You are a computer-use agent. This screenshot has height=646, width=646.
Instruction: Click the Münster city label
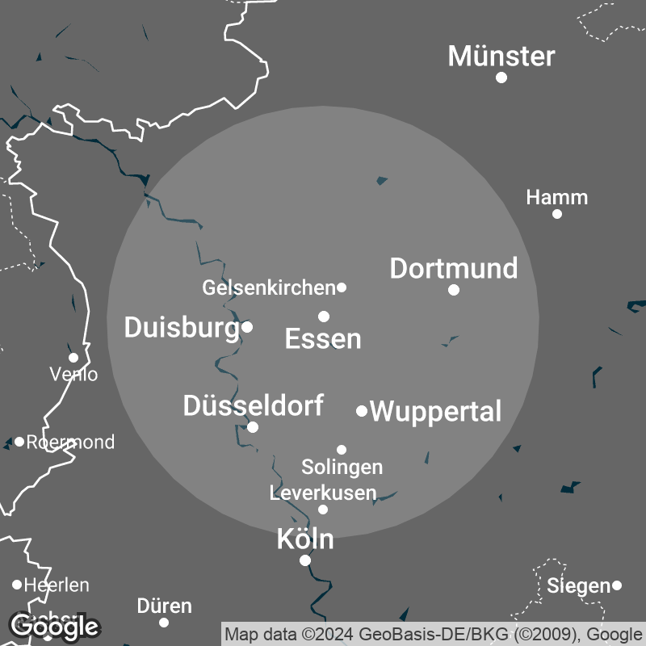tap(501, 57)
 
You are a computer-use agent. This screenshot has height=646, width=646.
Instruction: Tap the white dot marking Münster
tap(501, 78)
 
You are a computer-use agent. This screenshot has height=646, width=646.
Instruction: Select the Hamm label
tap(556, 198)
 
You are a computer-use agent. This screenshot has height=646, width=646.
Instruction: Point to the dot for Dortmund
tap(454, 290)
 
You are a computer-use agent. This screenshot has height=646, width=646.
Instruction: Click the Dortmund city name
tap(453, 269)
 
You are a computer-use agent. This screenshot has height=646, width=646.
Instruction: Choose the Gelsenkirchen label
tap(268, 287)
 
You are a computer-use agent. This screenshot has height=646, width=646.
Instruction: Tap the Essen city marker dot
tap(324, 317)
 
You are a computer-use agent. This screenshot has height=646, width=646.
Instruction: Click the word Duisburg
tap(182, 327)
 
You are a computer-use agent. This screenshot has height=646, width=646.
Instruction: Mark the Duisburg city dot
tap(247, 327)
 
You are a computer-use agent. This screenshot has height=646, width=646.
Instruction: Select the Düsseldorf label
tap(253, 405)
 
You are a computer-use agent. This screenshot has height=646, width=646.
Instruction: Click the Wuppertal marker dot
tap(362, 411)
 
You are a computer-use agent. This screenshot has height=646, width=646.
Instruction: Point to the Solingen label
tap(342, 467)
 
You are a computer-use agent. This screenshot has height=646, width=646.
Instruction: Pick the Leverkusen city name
tap(323, 493)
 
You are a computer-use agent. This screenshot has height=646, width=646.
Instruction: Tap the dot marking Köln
tap(305, 560)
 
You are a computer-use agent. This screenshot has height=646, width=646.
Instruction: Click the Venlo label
tap(73, 375)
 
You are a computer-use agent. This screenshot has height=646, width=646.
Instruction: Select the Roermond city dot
tap(19, 442)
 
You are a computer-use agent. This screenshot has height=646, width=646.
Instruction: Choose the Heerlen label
tap(57, 585)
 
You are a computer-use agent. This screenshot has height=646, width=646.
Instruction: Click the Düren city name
tap(164, 606)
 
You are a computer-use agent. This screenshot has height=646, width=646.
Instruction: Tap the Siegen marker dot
tap(617, 585)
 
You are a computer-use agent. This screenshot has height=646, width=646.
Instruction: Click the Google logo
tap(53, 625)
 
